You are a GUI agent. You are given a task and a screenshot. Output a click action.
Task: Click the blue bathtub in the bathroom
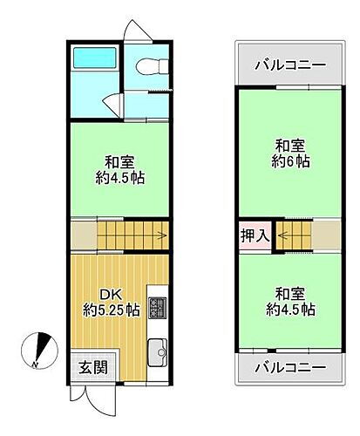(89, 58)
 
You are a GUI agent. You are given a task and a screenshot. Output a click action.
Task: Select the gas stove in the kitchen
(158, 307)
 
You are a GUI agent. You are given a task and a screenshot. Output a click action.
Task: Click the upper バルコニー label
(290, 65)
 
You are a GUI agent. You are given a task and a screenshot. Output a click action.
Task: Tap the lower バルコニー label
(290, 366)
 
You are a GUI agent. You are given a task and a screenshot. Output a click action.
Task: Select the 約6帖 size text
(290, 162)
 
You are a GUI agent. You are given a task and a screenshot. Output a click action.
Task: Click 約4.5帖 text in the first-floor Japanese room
(120, 178)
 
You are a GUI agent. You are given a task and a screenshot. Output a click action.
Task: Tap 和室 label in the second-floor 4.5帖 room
(290, 294)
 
